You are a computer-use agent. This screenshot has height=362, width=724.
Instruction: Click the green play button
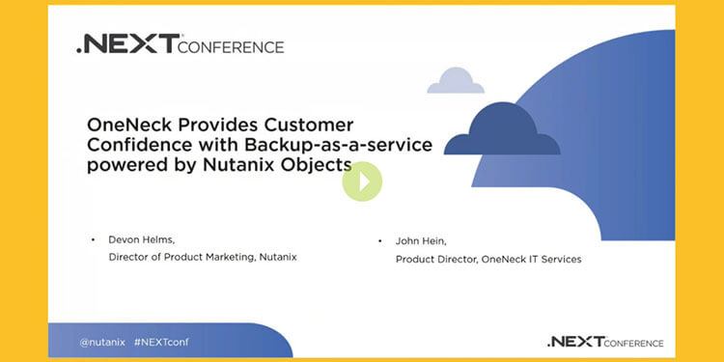(362, 181)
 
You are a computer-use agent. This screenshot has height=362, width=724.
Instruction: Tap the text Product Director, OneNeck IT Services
(488, 259)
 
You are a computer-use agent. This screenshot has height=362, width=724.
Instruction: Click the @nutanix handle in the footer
(99, 342)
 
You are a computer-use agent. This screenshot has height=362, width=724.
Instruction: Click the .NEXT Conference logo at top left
(180, 45)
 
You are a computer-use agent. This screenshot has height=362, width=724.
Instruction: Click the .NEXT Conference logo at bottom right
(604, 342)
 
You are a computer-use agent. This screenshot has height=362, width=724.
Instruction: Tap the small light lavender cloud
(456, 81)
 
